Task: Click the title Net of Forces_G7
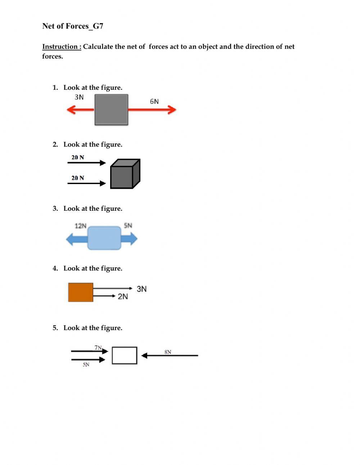tap(73, 26)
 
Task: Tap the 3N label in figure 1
tap(79, 97)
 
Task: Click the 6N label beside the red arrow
tap(154, 102)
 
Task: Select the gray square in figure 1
tap(111, 110)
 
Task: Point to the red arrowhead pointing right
tap(172, 110)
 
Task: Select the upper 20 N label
tap(78, 157)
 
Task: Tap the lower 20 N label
tap(78, 178)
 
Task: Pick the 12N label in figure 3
tap(81, 226)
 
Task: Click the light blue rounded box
tap(104, 238)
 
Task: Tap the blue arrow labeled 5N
tap(130, 238)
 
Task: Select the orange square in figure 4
tap(81, 292)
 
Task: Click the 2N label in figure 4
tap(123, 296)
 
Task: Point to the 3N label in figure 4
tap(141, 289)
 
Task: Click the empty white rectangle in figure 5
tap(125, 356)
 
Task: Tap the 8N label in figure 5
tap(168, 352)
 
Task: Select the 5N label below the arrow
tap(86, 365)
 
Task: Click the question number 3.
tap(55, 209)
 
